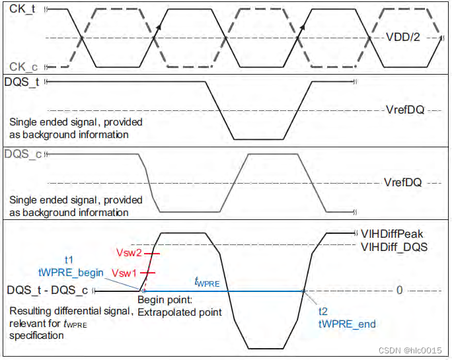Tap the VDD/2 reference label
click(403, 38)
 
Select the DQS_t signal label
click(22, 83)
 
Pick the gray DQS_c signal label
click(22, 155)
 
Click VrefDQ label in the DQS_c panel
click(403, 182)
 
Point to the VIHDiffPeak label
click(392, 233)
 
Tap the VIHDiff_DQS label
click(393, 246)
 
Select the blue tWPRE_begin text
click(71, 272)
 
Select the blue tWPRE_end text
click(347, 324)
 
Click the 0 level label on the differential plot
click(399, 291)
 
